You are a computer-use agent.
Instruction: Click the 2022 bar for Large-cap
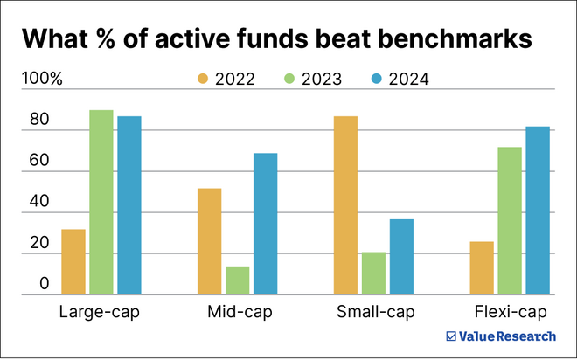coord(73,262)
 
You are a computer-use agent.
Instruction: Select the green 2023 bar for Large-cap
coord(101,203)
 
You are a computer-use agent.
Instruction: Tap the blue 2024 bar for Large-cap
coord(129,205)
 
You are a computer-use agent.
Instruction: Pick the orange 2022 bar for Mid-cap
coord(210,242)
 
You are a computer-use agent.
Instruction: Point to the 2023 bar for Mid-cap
coord(238,280)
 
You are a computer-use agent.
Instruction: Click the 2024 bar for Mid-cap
coord(266,225)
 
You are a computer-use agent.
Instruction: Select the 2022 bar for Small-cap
coord(345,205)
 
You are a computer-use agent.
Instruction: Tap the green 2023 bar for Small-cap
coord(373,273)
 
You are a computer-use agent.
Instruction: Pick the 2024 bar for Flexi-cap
coord(538,211)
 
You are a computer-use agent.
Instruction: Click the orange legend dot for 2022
coord(203,80)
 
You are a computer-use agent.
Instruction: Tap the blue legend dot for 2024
coord(377,80)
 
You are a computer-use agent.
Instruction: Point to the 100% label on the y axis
coord(42,80)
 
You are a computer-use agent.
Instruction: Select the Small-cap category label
coord(374,312)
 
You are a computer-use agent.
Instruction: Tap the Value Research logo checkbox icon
coord(451,336)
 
